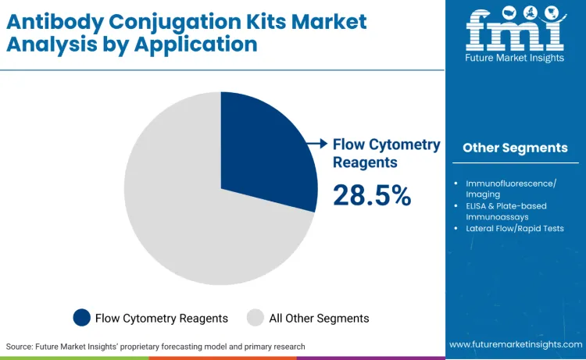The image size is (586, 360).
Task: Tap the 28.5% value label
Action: [372, 196]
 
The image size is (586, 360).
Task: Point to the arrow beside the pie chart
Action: [316, 144]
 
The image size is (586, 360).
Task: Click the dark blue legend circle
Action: [81, 318]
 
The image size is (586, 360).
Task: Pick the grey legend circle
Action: [255, 318]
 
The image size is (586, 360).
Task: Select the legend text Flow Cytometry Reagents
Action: [162, 319]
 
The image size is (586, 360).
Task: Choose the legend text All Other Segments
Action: [319, 319]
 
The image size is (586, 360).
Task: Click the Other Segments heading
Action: [515, 148]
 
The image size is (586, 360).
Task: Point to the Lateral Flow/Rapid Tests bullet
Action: [514, 228]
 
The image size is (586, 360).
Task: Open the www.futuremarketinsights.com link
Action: [516, 344]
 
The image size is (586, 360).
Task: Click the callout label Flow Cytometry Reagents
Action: [386, 153]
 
